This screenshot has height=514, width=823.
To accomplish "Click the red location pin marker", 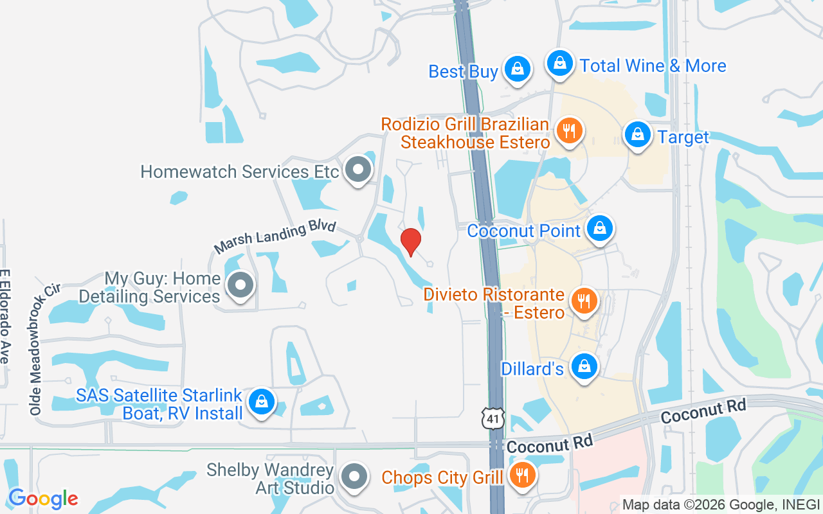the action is (411, 242).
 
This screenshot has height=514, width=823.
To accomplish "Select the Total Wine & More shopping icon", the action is (560, 64).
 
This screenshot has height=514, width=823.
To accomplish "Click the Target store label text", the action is (683, 137).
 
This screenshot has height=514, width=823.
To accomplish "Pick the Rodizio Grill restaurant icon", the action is (568, 131).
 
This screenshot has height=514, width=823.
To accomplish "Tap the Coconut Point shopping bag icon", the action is (599, 228).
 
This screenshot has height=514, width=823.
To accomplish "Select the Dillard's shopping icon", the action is (584, 366).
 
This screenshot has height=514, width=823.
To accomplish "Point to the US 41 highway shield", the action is (493, 419).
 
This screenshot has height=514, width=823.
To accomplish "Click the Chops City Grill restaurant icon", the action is (522, 475).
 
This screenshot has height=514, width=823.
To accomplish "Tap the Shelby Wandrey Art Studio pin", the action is (354, 477).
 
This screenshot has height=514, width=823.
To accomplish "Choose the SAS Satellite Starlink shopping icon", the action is (261, 402).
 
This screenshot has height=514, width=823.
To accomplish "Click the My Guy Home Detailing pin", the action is (241, 285).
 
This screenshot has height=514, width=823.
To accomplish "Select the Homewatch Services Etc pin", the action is (358, 170).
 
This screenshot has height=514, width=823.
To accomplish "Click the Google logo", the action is (43, 498).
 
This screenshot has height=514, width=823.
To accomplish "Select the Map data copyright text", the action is (721, 505).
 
